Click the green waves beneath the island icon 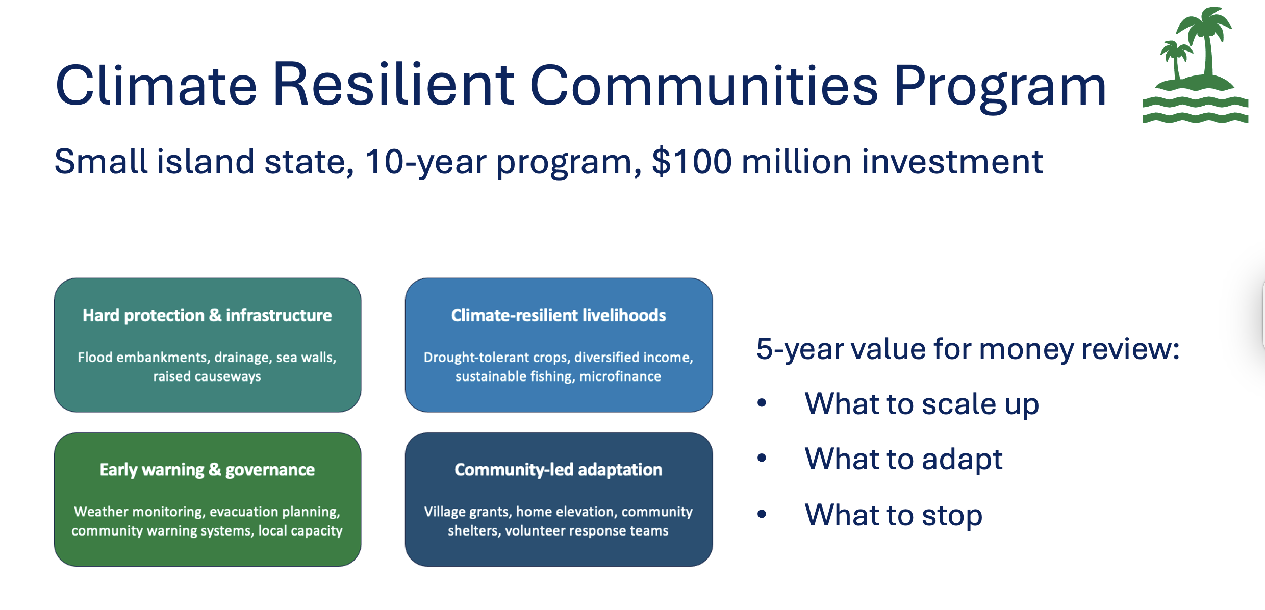pyautogui.click(x=1195, y=110)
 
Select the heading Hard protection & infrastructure pyautogui.click(x=207, y=315)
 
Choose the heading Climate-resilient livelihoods pyautogui.click(x=559, y=315)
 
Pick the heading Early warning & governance pyautogui.click(x=207, y=470)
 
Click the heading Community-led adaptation pyautogui.click(x=559, y=470)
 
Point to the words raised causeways pyautogui.click(x=207, y=376)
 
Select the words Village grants pyautogui.click(x=467, y=512)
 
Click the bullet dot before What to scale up pyautogui.click(x=762, y=403)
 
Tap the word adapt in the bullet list pyautogui.click(x=962, y=460)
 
